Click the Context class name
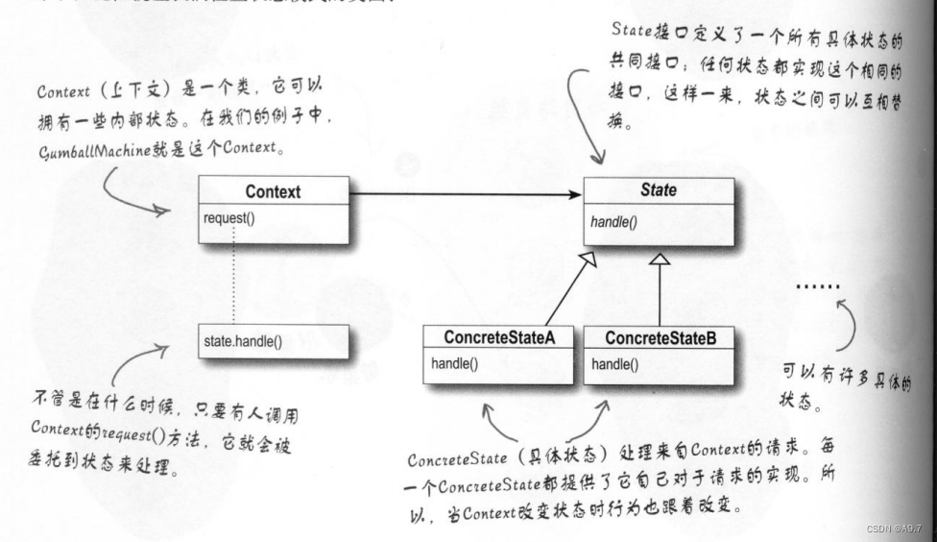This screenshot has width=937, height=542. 273,191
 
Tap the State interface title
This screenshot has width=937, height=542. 658,190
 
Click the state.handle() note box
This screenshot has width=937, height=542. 274,341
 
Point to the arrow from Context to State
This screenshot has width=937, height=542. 466,194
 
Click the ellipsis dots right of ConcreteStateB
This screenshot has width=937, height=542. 819,286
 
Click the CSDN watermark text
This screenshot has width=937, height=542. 892,530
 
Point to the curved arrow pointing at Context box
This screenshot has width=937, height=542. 134,192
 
